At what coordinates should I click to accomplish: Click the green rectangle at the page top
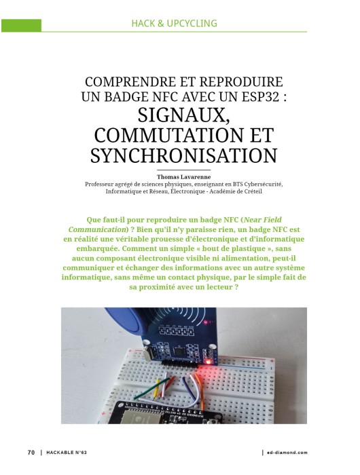coord(21,25)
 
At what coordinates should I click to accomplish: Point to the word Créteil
coord(249,191)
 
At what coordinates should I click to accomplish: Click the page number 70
coord(31,453)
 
